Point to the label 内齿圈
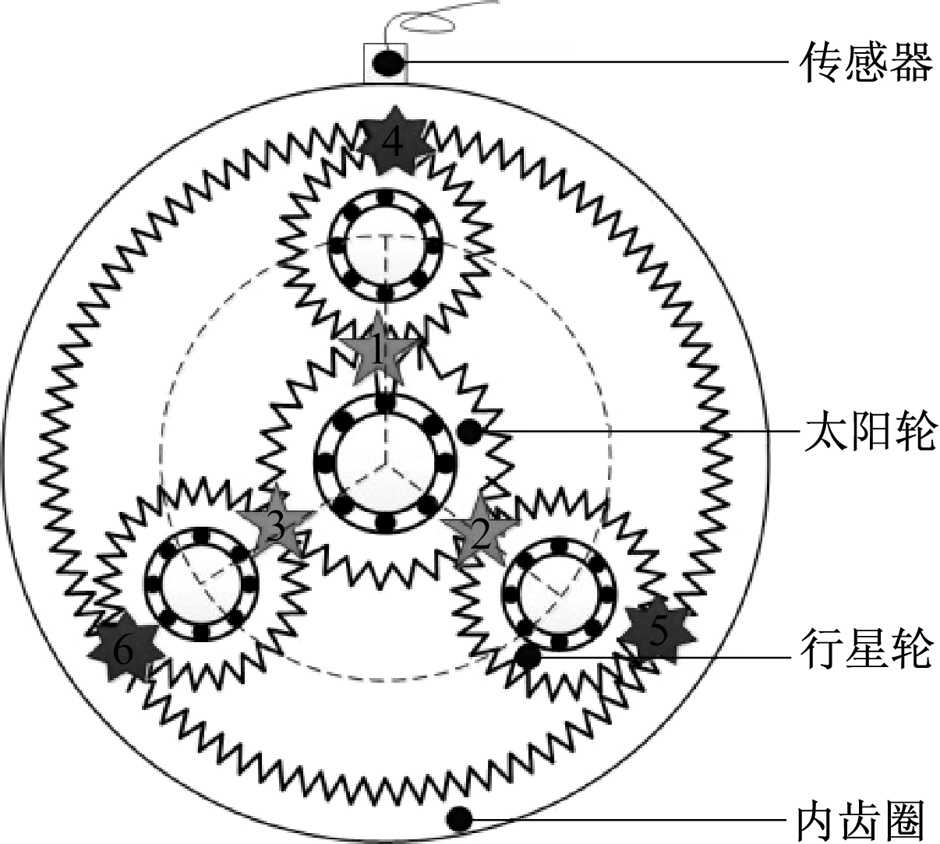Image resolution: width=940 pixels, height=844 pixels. pyautogui.click(x=866, y=821)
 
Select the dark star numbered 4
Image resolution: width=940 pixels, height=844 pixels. pyautogui.click(x=393, y=142)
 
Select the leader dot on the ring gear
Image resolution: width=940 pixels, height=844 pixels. pyautogui.click(x=459, y=819)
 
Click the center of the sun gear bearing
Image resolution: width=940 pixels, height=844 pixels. pyautogui.click(x=384, y=463)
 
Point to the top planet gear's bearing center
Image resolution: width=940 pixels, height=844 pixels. pyautogui.click(x=384, y=245)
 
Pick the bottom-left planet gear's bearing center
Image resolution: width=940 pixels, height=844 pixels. pyautogui.click(x=201, y=584)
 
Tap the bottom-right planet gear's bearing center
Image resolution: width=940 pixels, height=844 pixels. pyautogui.click(x=560, y=594)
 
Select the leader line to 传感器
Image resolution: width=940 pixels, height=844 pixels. pyautogui.click(x=599, y=62)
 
